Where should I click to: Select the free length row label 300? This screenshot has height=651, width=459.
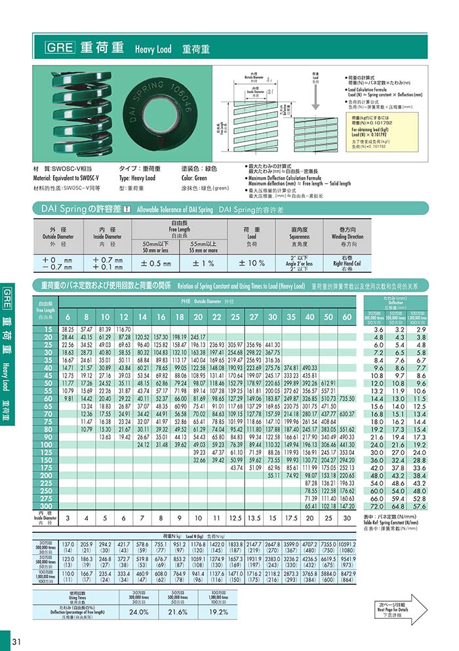(x=46, y=507)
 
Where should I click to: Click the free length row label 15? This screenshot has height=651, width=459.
(x=46, y=328)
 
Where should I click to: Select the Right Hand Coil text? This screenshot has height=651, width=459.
(x=346, y=263)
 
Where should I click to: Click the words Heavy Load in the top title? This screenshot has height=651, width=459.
(x=153, y=49)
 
